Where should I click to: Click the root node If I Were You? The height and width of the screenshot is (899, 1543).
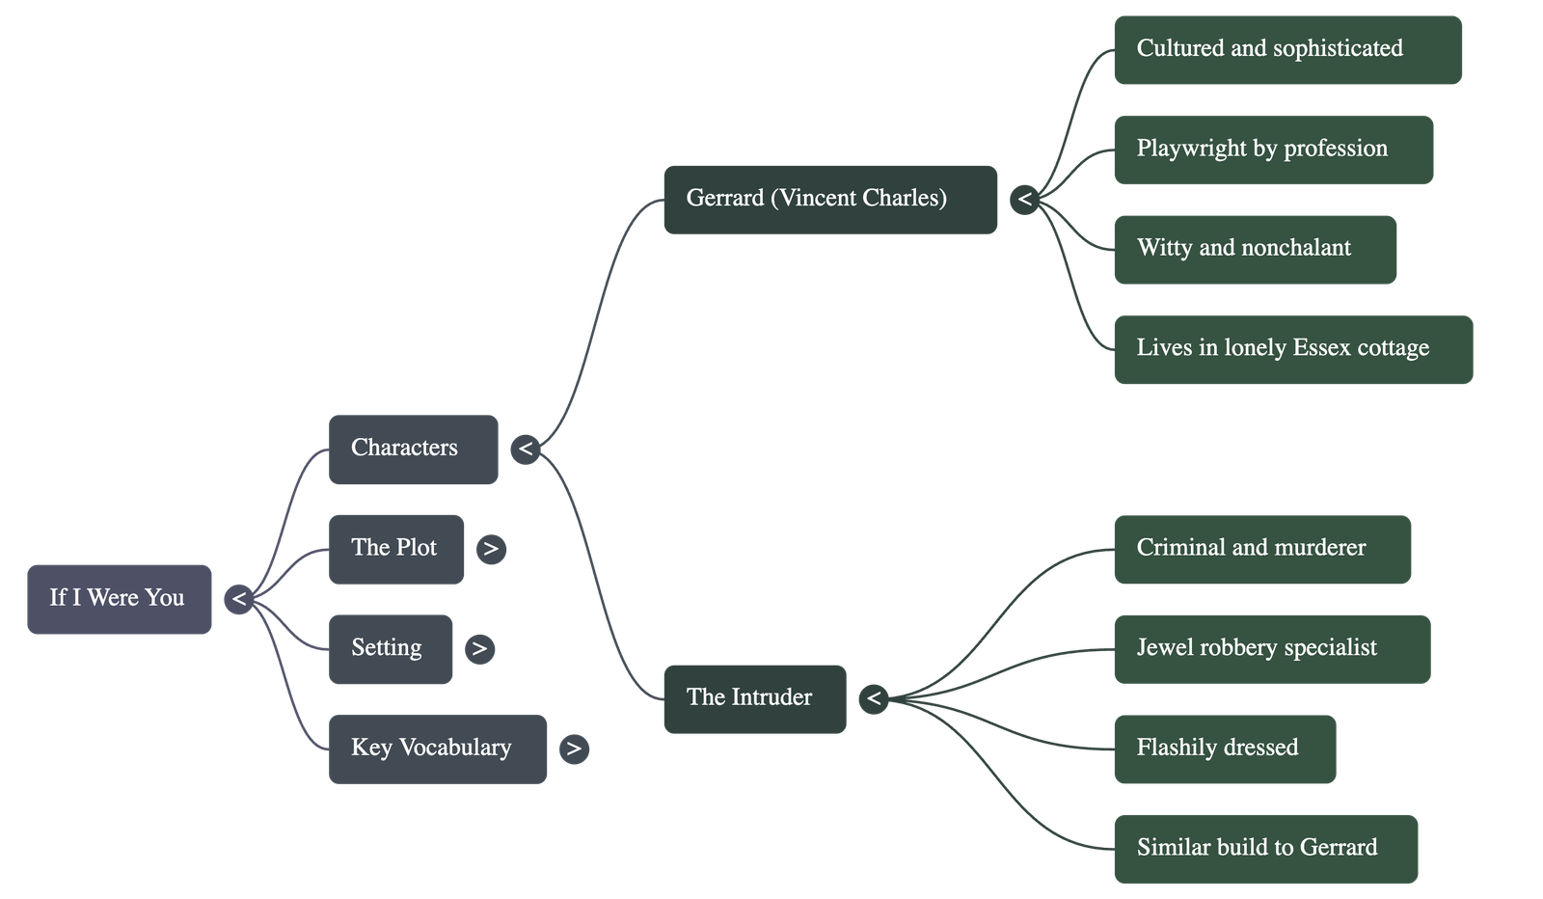point(119,599)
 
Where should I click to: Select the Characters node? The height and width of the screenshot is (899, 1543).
point(413,449)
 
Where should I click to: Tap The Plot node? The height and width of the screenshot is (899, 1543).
point(395,548)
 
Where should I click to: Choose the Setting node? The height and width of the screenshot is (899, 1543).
point(390,648)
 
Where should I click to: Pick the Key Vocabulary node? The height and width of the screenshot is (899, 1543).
point(437,749)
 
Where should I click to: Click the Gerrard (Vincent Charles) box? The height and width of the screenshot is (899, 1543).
point(829,199)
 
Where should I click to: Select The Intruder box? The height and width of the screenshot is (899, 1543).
point(754,698)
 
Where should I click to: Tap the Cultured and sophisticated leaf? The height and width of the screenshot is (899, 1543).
point(1287,49)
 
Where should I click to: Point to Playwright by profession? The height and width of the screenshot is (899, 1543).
point(1273,150)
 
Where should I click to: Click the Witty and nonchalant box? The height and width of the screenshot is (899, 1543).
point(1255,249)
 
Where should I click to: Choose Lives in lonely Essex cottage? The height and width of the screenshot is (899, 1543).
point(1292,349)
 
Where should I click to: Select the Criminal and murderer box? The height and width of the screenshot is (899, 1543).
point(1262,549)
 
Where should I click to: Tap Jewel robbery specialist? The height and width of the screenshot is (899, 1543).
point(1271,648)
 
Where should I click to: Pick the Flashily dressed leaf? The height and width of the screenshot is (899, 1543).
point(1225,749)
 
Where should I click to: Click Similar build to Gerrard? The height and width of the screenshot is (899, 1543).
point(1265,849)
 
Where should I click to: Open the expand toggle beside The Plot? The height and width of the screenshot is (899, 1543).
point(491,549)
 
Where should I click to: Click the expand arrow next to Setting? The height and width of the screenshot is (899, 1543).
point(479,648)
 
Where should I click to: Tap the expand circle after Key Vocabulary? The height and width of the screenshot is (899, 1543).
point(573,749)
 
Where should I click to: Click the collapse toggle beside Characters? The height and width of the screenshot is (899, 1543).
point(526,449)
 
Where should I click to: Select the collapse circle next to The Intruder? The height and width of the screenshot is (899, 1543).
point(873,698)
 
